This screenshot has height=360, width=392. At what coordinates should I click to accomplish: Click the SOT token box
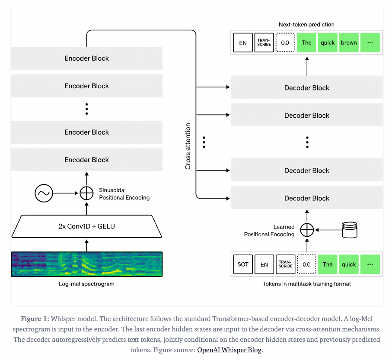tap(243, 264)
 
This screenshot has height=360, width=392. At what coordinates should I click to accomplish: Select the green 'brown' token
tap(349, 42)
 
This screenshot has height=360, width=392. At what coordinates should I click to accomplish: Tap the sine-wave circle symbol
tap(44, 193)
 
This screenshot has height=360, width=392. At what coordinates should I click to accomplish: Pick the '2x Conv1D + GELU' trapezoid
tap(87, 226)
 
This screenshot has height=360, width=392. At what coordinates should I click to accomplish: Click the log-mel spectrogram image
tap(86, 264)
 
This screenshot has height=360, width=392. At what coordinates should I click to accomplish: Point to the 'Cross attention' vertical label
tap(188, 146)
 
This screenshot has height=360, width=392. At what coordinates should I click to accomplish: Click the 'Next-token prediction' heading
tap(306, 25)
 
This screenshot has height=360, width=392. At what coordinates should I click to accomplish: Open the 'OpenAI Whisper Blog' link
tap(229, 350)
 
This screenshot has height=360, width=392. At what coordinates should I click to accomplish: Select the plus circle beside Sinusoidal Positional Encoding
tap(86, 193)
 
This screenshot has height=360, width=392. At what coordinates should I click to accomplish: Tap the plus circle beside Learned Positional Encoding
tap(307, 230)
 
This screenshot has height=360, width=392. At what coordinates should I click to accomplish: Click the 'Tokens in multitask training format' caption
tap(307, 284)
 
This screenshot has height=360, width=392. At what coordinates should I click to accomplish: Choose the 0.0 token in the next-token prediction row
tap(285, 42)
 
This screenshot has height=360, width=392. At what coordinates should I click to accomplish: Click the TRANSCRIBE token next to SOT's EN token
tap(285, 264)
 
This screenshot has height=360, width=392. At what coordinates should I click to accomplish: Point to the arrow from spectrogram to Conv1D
tap(86, 245)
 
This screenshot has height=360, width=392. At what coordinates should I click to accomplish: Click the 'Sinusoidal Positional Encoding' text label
tap(124, 194)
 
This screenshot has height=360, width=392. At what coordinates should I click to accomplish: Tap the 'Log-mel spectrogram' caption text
tap(86, 284)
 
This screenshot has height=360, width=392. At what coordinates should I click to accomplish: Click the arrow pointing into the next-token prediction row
tap(307, 65)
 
